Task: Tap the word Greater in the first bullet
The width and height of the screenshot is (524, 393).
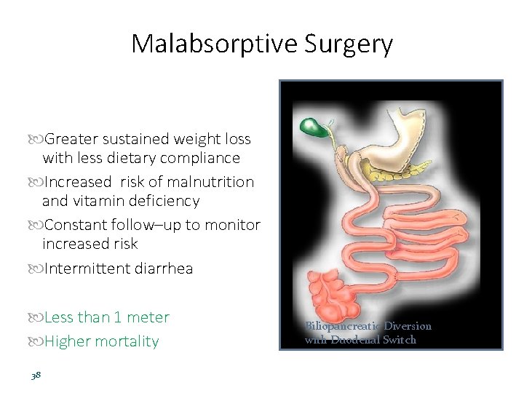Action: click(72, 139)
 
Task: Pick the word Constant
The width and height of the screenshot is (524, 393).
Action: click(76, 225)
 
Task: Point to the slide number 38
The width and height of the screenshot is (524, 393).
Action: click(36, 376)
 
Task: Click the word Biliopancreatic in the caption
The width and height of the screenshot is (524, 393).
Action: click(338, 326)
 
